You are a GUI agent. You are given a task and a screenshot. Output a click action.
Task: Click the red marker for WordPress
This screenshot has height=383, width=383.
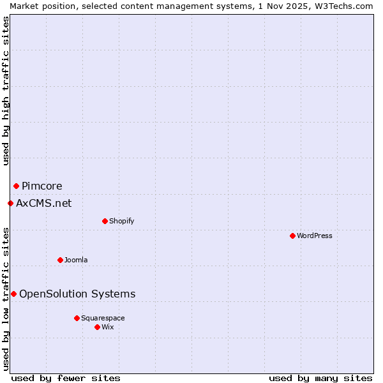pyautogui.click(x=292, y=236)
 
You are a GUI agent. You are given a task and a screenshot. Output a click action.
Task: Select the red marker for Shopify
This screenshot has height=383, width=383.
pyautogui.click(x=105, y=221)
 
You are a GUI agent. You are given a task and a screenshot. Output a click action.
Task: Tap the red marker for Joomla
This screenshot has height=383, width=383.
pyautogui.click(x=60, y=260)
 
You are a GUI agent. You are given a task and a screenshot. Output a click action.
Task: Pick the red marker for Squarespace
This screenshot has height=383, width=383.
pyautogui.click(x=77, y=318)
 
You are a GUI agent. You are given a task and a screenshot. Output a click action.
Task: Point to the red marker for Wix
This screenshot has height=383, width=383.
pyautogui.click(x=97, y=327)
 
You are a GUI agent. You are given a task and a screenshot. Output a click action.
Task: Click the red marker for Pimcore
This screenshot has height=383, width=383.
pyautogui.click(x=16, y=186)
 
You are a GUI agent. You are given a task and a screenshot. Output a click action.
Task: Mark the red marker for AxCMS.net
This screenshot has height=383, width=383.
pyautogui.click(x=10, y=203)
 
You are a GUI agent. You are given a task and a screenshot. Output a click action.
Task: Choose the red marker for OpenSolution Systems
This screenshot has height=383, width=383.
pyautogui.click(x=13, y=294)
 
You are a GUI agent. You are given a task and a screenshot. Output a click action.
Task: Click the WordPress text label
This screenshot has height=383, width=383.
pyautogui.click(x=315, y=236)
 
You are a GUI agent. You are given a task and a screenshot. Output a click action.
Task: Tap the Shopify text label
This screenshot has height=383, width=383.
pyautogui.click(x=121, y=221)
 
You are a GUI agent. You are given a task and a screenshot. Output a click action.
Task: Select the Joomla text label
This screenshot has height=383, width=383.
pyautogui.click(x=76, y=260)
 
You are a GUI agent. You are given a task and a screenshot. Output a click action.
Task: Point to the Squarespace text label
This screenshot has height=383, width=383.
pyautogui.click(x=103, y=318)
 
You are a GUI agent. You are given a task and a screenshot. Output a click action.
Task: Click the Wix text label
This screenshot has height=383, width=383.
pyautogui.click(x=108, y=327)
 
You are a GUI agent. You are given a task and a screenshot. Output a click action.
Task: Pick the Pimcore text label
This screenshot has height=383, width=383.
pyautogui.click(x=42, y=186)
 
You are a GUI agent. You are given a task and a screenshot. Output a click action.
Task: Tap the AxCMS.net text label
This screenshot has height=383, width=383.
pyautogui.click(x=44, y=203)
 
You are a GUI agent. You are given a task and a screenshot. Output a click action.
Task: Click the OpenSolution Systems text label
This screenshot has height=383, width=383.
pyautogui.click(x=77, y=294)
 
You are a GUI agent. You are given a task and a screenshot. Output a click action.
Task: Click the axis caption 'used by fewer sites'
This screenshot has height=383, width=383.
pyautogui.click(x=66, y=378)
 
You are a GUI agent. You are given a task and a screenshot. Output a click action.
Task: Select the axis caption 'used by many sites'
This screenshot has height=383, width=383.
pyautogui.click(x=320, y=378)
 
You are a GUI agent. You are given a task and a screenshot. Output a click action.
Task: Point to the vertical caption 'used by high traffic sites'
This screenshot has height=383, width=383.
pyautogui.click(x=6, y=91)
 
